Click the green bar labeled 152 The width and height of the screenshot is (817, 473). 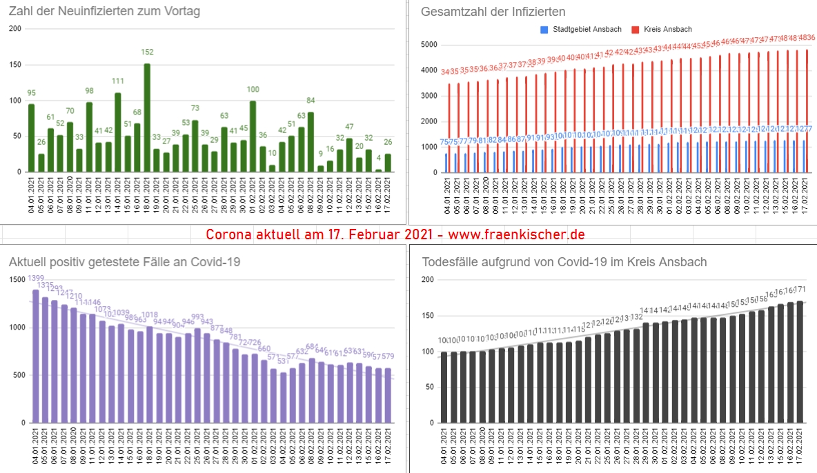coord(147,118)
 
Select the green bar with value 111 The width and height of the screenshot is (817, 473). coord(118,132)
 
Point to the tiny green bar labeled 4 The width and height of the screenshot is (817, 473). coord(378,170)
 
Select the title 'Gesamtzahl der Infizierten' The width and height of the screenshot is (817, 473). coord(493,11)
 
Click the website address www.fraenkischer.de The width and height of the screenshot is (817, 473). coord(516,234)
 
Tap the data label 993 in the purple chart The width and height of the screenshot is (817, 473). coord(197,318)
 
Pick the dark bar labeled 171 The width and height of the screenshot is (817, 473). coord(800,361)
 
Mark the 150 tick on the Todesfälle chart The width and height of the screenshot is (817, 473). coord(428,315)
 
